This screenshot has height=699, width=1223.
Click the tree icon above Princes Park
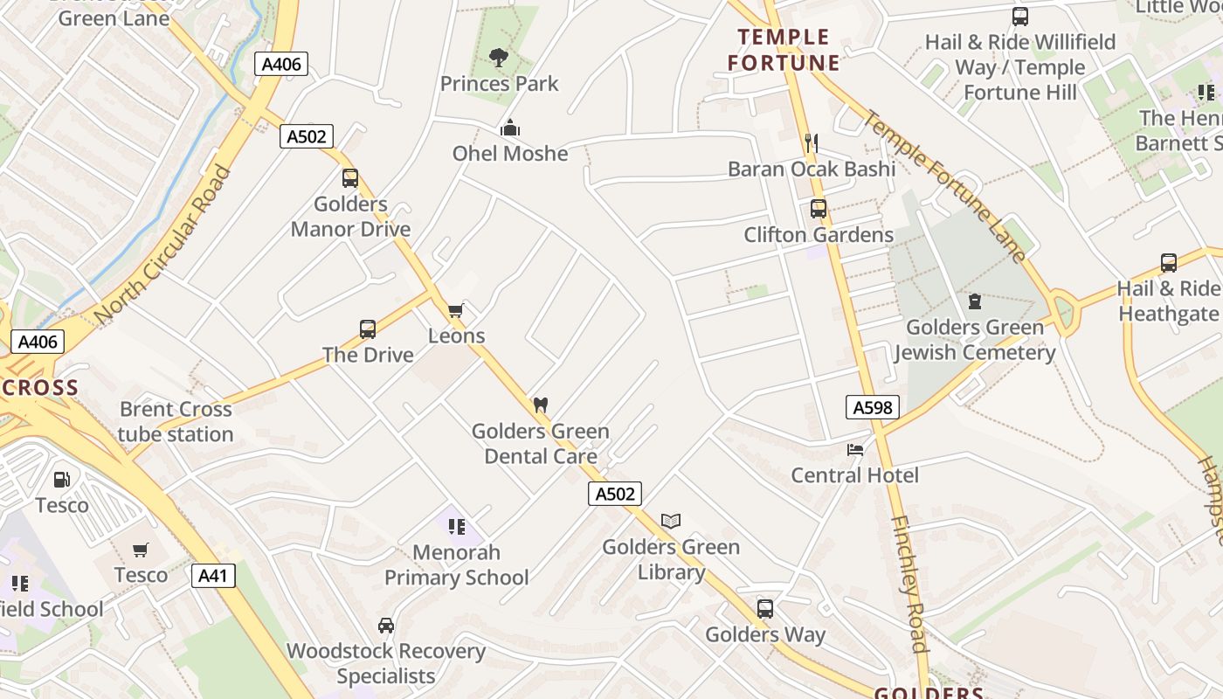point(499,58)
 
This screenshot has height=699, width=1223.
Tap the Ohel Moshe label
point(510,154)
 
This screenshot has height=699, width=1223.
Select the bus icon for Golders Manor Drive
point(350,178)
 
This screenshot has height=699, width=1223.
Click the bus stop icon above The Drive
point(368,329)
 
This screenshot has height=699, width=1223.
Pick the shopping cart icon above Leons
point(455,311)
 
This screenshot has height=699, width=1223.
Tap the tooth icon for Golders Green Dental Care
point(541,405)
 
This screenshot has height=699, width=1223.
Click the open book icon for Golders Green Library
point(671,522)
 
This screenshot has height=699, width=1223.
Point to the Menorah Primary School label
point(457,564)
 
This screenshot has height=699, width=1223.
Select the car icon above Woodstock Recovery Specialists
point(386,626)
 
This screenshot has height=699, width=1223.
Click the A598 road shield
point(873,406)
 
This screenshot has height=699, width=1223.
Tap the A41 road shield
point(214,575)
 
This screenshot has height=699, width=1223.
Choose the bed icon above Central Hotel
point(855,450)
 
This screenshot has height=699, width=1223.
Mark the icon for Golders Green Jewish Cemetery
point(975,301)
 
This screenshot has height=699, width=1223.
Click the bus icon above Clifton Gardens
point(819,209)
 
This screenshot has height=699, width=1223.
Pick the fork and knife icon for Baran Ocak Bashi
point(812,143)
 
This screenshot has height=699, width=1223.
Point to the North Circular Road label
point(164,245)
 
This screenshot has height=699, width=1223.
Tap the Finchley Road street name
point(909,584)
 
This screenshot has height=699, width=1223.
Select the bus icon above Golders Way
point(765,609)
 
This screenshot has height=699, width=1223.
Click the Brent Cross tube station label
point(176,421)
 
